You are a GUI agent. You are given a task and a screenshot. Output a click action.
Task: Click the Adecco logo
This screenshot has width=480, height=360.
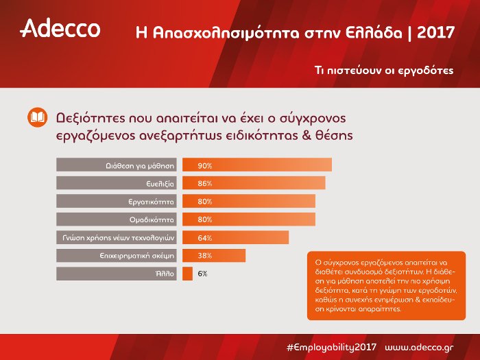(60, 29)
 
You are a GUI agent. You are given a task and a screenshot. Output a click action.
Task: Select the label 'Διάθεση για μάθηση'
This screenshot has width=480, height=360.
(141, 166)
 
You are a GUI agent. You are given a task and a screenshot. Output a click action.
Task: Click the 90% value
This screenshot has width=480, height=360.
(204, 166)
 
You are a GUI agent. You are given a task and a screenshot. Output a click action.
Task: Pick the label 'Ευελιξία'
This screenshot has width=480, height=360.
(160, 184)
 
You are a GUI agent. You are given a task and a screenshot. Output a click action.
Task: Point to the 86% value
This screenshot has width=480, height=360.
(204, 184)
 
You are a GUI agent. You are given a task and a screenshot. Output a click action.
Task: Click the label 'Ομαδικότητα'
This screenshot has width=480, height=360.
(153, 219)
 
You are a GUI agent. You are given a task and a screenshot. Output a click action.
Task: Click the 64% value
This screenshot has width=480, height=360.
(204, 237)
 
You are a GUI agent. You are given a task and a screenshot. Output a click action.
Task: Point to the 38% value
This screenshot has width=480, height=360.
(204, 255)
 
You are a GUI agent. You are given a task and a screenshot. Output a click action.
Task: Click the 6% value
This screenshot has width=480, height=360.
(202, 273)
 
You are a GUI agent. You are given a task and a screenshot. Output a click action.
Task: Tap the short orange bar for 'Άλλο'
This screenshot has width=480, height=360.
(187, 273)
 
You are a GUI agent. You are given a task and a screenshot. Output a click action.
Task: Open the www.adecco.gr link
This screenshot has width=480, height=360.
(418, 346)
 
